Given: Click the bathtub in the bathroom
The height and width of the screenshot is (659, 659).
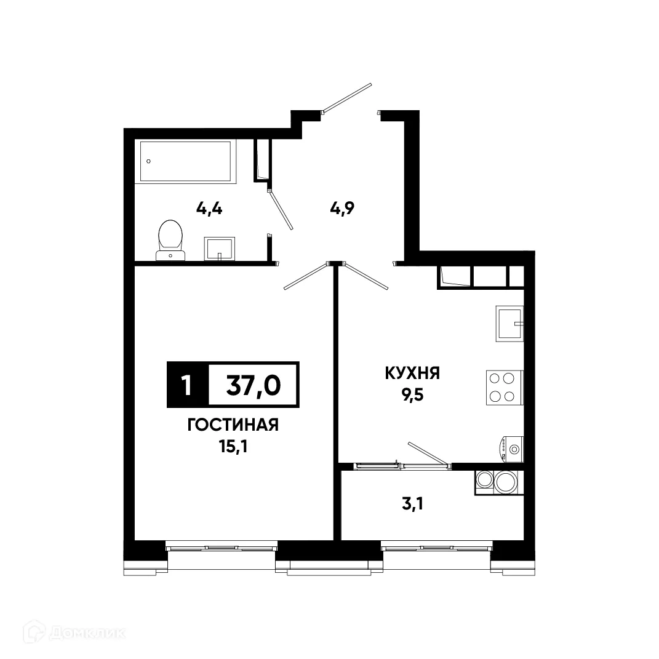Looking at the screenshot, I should click(x=186, y=161).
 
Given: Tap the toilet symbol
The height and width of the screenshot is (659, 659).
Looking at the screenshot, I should click(x=170, y=240).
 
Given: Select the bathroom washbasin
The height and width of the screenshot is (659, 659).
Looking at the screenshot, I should click(x=219, y=248).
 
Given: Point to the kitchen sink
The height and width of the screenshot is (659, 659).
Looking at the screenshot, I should click(x=509, y=324).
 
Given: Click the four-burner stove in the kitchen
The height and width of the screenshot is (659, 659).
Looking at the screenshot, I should click(x=504, y=388).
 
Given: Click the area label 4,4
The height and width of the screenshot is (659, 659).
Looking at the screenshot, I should click(x=209, y=208).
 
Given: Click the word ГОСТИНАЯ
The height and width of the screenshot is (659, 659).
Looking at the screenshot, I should click(x=233, y=425).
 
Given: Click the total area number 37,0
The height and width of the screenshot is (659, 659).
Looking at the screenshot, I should click(x=253, y=385).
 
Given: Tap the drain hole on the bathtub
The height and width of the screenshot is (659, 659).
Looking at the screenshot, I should click(x=148, y=161).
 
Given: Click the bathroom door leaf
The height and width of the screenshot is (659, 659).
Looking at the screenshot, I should click(x=281, y=209).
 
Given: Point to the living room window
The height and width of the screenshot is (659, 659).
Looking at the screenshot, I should click(x=222, y=546).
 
